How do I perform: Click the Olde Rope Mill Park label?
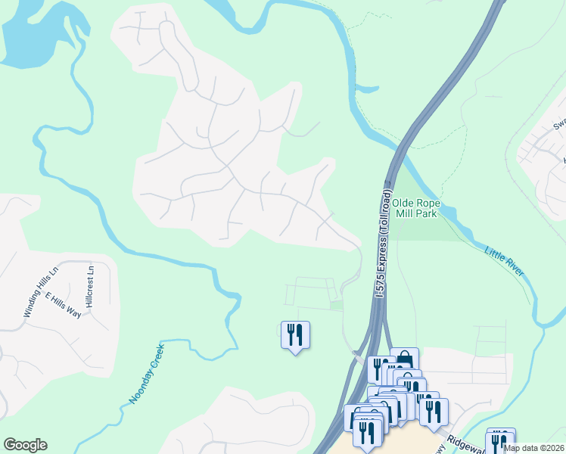click(x=415, y=210)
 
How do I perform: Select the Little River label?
click(x=503, y=261)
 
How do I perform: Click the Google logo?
click(x=25, y=445)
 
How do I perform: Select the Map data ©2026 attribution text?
click(x=534, y=448)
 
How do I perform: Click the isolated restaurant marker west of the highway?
click(x=295, y=334)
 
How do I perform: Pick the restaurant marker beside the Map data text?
click(x=500, y=440)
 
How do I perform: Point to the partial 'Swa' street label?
click(x=559, y=124)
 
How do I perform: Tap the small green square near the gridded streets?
click(x=336, y=305)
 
